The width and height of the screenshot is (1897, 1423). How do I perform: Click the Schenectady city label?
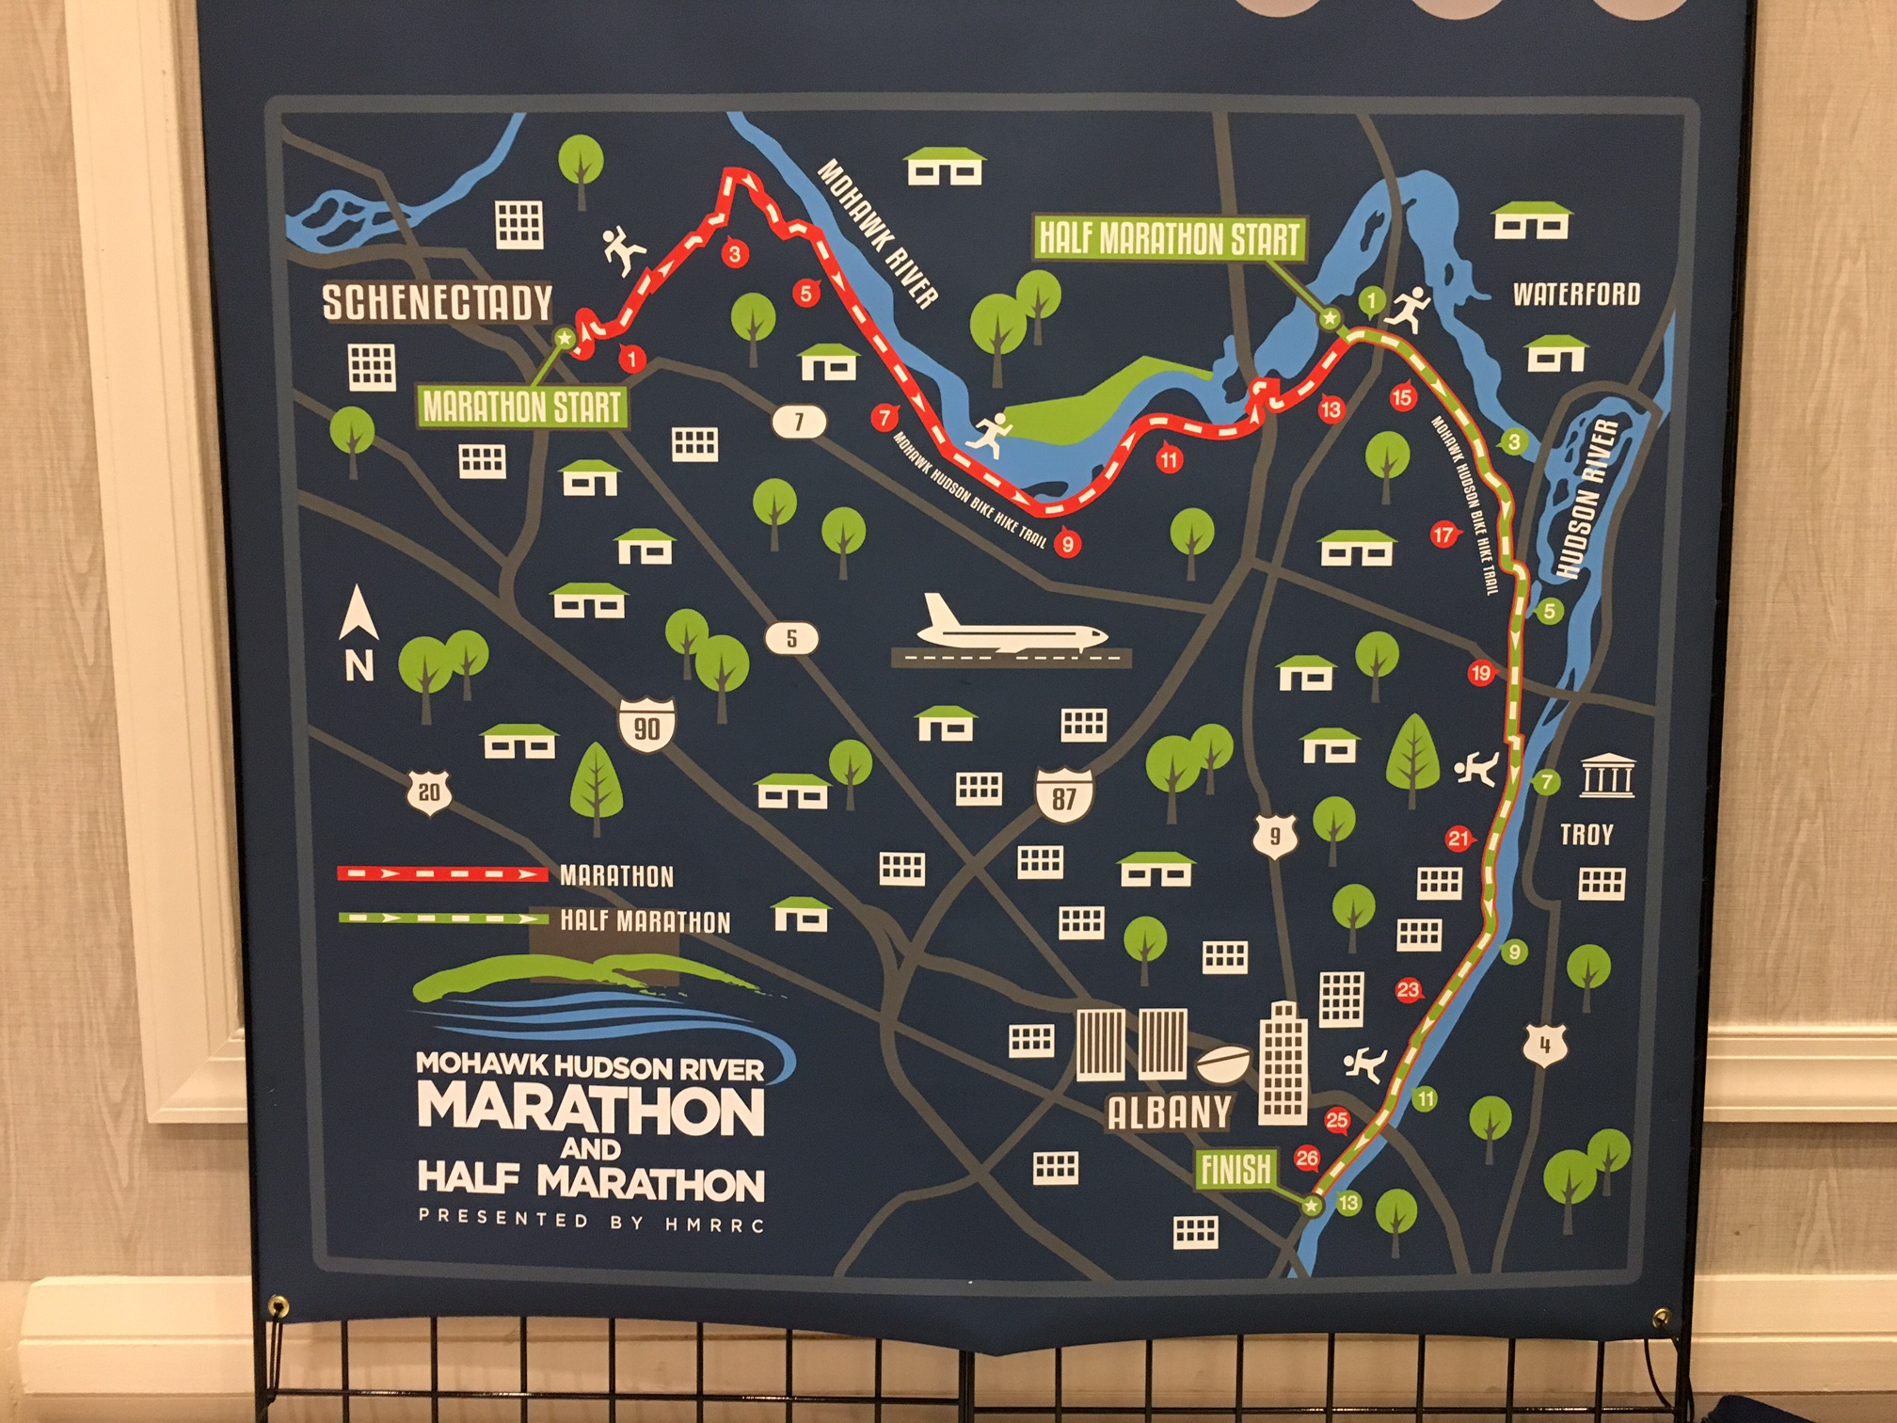(437, 302)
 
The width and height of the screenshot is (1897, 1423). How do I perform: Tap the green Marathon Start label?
(522, 408)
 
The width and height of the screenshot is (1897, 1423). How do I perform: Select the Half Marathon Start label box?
(1169, 238)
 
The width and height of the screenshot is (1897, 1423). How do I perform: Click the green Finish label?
(1235, 1170)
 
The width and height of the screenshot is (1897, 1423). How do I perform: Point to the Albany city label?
(1169, 1112)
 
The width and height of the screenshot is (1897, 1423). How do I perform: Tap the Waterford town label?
(1576, 295)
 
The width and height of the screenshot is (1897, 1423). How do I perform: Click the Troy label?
(1586, 835)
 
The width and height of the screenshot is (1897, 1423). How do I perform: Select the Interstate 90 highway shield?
(646, 726)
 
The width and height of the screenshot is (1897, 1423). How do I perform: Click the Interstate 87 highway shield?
(1063, 796)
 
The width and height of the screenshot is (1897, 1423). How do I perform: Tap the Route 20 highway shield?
(429, 792)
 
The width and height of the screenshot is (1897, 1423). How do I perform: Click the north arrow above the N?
(359, 612)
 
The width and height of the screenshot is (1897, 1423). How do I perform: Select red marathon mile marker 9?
(1066, 543)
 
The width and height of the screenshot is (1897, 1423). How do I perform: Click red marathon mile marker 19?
(1480, 672)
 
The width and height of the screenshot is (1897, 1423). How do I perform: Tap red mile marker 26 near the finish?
(1306, 1158)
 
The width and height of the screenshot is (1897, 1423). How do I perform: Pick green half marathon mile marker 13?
(1348, 1202)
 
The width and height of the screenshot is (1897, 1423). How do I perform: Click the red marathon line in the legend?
(442, 874)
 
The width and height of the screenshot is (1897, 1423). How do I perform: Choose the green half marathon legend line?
(442, 918)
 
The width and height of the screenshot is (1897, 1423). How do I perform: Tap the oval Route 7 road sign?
(799, 422)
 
